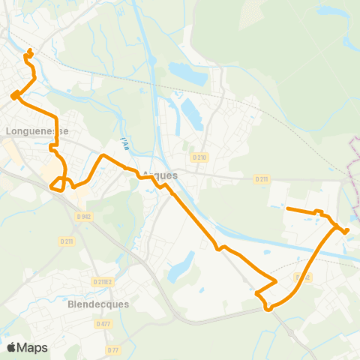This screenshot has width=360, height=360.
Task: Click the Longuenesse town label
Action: pyautogui.click(x=37, y=130)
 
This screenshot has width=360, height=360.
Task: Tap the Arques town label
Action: pyautogui.click(x=160, y=175)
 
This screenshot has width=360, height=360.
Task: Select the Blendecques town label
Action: pyautogui.click(x=98, y=304)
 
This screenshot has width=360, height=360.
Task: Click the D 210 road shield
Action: pyautogui.click(x=199, y=157)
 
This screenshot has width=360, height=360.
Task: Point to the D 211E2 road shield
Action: pyautogui.click(x=103, y=282)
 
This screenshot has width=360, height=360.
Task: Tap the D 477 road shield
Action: pyautogui.click(x=103, y=323)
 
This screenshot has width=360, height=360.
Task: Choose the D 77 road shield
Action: pyautogui.click(x=113, y=349)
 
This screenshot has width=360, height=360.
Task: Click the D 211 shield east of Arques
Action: pyautogui.click(x=261, y=179)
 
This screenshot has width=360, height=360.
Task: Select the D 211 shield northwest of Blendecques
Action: pyautogui.click(x=67, y=241)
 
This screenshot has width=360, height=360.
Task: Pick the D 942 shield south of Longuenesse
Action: pyautogui.click(x=82, y=217)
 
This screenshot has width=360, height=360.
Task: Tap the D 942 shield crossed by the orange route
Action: pyautogui.click(x=302, y=277)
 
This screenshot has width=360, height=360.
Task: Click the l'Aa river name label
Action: pyautogui.click(x=123, y=142)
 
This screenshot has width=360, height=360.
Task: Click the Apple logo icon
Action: pyautogui.click(x=11, y=347)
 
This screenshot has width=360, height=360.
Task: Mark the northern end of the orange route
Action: pyautogui.click(x=30, y=51)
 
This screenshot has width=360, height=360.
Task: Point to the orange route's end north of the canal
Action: pyautogui.click(x=288, y=209)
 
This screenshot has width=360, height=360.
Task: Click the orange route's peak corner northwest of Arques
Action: pyautogui.click(x=103, y=155)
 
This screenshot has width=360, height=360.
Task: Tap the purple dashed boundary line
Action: pyautogui.click(x=353, y=172)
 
